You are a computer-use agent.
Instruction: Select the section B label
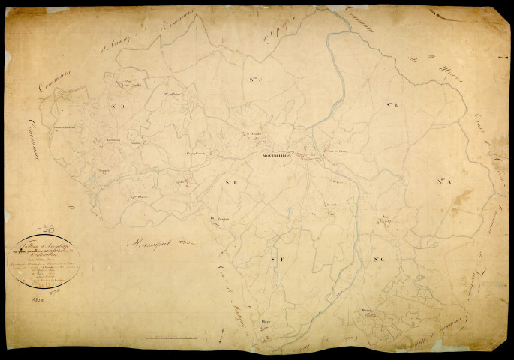pyautogui.click(x=392, y=104)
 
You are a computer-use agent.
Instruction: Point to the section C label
pyautogui.click(x=253, y=78)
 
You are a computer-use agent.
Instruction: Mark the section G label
pyautogui.click(x=378, y=259)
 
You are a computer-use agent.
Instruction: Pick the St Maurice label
pyautogui.click(x=249, y=135)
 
